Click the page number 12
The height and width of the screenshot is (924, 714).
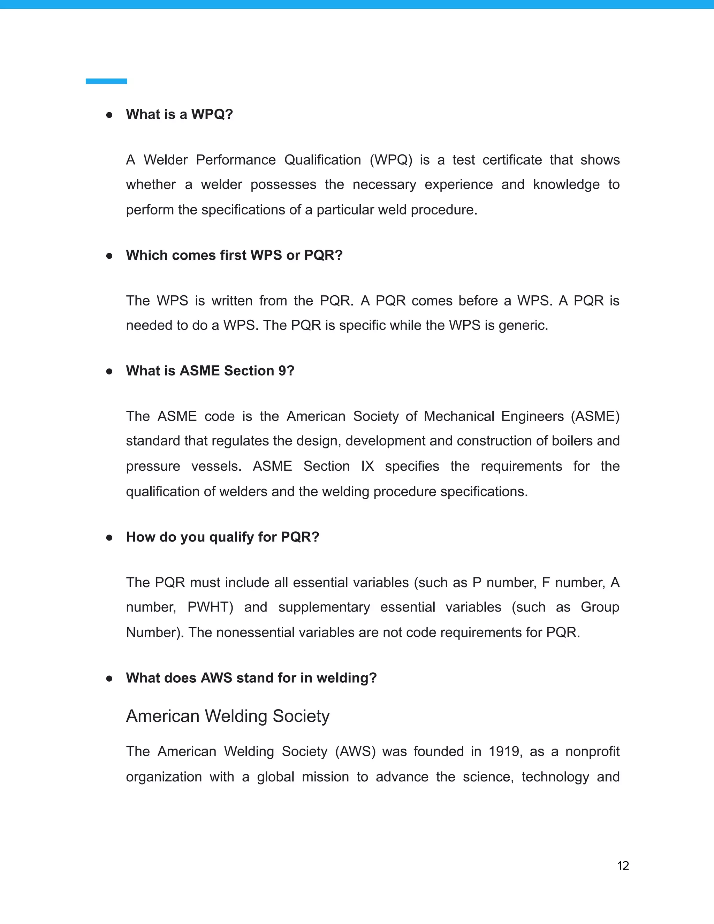coord(623,866)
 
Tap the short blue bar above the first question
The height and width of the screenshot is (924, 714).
coord(106,81)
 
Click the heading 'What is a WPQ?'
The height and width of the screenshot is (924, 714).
coord(179,114)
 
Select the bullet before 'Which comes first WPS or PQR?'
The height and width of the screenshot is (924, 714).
coord(109,256)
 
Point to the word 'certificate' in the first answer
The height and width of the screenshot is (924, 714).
coord(512,160)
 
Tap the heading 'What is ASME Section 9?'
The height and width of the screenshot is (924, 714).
coord(210,371)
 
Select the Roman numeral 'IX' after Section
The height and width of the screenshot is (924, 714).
coord(367,466)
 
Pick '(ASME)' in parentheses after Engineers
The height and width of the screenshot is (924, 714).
coord(595,416)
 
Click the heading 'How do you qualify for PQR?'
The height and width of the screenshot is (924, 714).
coord(222,537)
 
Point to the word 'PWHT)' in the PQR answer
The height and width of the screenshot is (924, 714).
coord(210,607)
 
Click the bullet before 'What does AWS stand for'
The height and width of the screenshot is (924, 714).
coord(109,678)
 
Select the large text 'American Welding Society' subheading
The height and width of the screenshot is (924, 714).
coord(228,716)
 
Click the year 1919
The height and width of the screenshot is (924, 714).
coord(504,751)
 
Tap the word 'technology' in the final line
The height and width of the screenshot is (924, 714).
coord(555,777)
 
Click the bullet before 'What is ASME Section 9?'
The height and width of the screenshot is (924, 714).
coord(109,371)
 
